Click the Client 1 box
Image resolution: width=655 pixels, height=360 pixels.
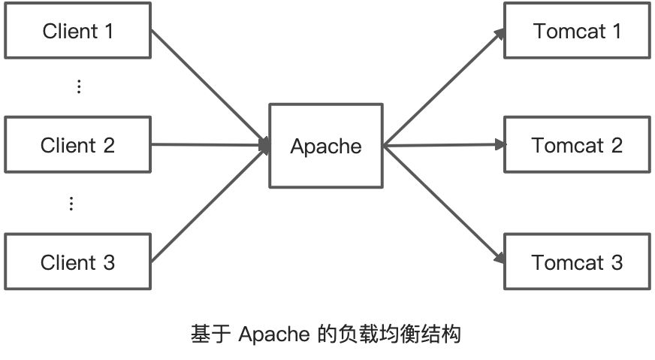click(77, 31)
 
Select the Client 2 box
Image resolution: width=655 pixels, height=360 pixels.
click(77, 145)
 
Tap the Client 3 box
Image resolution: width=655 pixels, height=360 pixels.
click(77, 262)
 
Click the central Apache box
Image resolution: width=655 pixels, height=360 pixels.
click(325, 146)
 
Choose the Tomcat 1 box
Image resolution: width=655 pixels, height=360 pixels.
click(576, 31)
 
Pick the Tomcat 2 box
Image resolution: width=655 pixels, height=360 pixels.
click(576, 145)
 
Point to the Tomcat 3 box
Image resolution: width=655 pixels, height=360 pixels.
click(576, 262)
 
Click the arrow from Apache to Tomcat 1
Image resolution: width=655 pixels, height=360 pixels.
click(443, 86)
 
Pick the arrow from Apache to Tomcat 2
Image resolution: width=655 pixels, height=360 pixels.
click(443, 144)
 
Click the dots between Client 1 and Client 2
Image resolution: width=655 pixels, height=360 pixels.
click(79, 86)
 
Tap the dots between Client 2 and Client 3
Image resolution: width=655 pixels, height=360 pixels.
click(71, 204)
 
